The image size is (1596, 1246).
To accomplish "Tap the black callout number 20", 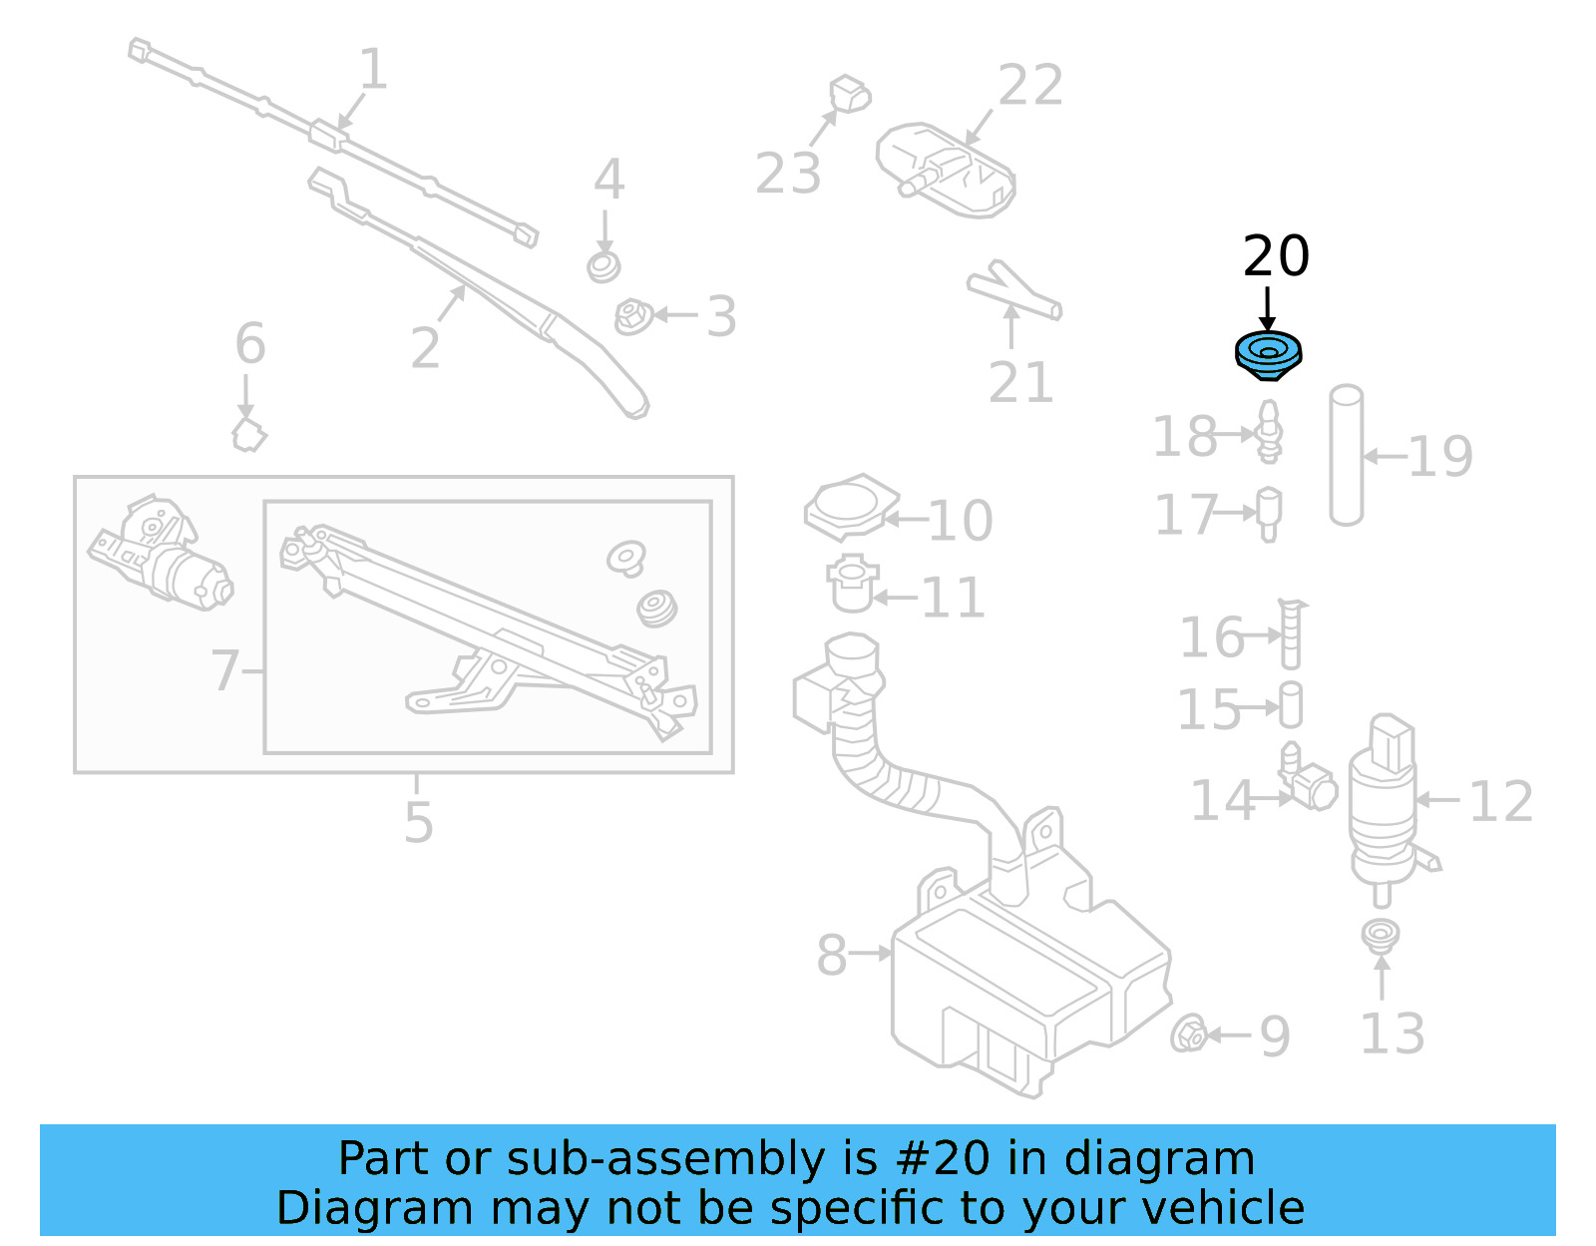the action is point(1276,256).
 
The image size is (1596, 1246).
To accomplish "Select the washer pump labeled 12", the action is point(1383,798).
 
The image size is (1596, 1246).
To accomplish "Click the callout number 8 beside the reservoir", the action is point(831,955).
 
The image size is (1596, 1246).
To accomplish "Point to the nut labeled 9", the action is point(1188,1035).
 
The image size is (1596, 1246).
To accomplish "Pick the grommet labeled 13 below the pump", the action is point(1381,936).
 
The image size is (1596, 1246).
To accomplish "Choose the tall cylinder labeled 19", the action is point(1346,455).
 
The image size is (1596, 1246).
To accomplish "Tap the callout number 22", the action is point(1030,86).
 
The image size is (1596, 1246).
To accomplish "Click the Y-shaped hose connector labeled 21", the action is point(1012,291).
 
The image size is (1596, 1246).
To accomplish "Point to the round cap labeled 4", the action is point(603,267).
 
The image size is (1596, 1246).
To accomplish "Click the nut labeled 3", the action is point(632,317).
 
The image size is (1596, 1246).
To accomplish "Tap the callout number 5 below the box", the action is point(419,822).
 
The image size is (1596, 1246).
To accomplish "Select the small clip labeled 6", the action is point(248,435).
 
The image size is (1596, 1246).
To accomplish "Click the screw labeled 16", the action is point(1291,634).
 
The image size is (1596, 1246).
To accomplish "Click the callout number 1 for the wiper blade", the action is point(372,70).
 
